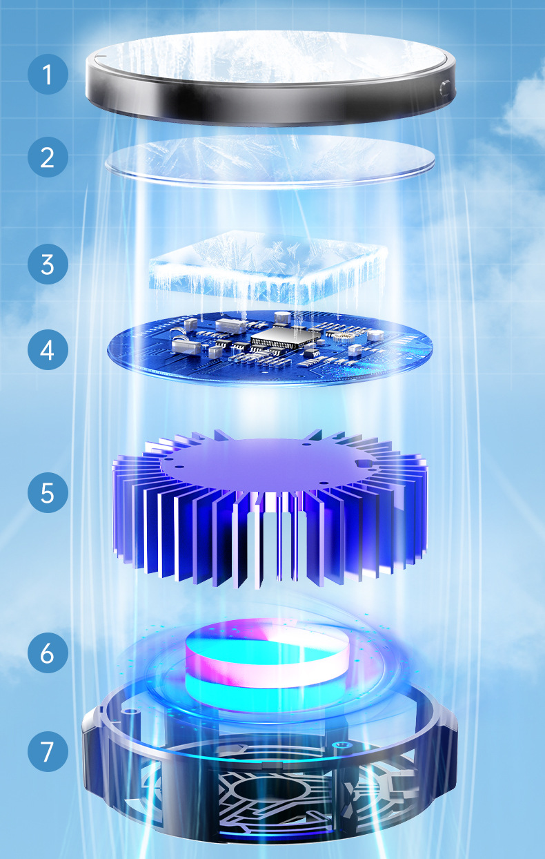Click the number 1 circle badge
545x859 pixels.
(48, 74)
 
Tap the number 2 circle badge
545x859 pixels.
(48, 157)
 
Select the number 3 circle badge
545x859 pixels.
(48, 264)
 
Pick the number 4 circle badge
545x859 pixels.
(48, 349)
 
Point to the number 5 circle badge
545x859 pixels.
(48, 493)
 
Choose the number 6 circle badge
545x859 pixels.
(48, 653)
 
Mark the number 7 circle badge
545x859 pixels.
(48, 752)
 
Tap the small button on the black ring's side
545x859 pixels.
(444, 88)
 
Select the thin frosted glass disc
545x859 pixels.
(269, 161)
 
